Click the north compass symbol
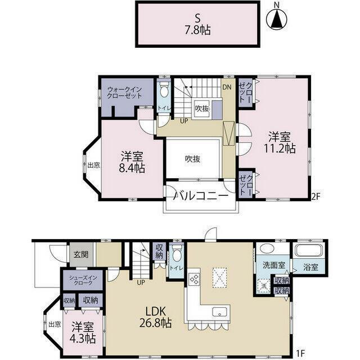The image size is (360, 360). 277,19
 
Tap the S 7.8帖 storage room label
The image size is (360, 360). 197,24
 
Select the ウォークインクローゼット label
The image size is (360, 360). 124,92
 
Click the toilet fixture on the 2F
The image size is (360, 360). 164,89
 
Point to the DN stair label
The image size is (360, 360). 227,87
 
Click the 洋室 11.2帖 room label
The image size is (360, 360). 280,142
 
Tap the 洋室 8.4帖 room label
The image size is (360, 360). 132,162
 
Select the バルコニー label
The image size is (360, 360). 201,196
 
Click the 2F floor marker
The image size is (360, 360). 316,196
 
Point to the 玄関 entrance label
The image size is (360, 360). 81,254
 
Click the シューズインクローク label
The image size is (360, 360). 83,280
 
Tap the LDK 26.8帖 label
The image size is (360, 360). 155,317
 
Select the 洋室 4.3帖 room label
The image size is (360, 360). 83,333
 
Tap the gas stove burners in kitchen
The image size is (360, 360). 193,280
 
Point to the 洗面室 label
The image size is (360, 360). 274,265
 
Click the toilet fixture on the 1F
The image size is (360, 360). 177,253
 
